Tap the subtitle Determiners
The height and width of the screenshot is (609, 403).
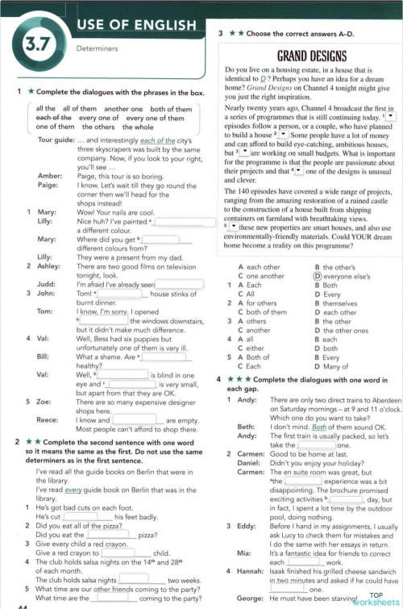97,48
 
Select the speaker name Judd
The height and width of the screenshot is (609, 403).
46,284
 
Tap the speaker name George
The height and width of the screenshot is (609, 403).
251,599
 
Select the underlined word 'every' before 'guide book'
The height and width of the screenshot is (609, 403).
73,490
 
